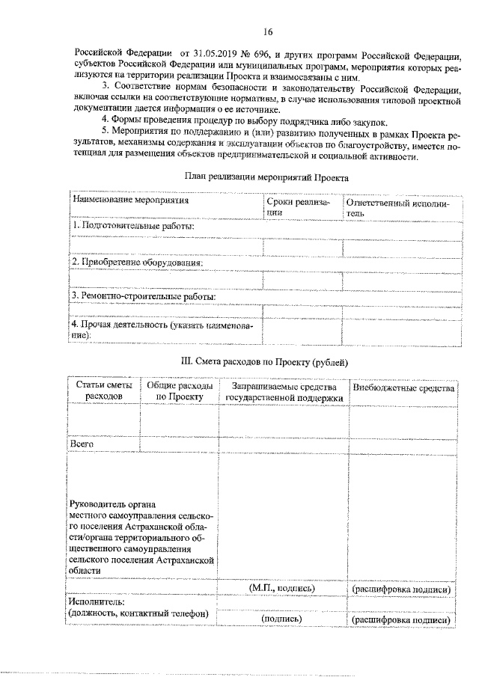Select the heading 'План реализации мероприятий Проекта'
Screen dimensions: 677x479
click(x=266, y=177)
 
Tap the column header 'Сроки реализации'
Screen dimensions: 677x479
click(x=297, y=207)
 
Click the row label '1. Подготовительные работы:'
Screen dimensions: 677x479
click(x=133, y=226)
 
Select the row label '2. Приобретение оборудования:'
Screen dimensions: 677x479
click(x=138, y=262)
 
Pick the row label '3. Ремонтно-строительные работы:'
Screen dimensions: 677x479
click(x=144, y=296)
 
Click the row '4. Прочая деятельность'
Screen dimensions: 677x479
click(x=162, y=331)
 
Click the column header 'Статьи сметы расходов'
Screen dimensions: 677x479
click(x=103, y=391)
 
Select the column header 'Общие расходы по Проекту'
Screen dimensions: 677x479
click(x=180, y=391)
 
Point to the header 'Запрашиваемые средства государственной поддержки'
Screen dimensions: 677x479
click(x=283, y=391)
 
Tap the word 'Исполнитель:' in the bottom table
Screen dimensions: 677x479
click(x=96, y=601)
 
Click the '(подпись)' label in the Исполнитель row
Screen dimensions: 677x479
click(x=281, y=619)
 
